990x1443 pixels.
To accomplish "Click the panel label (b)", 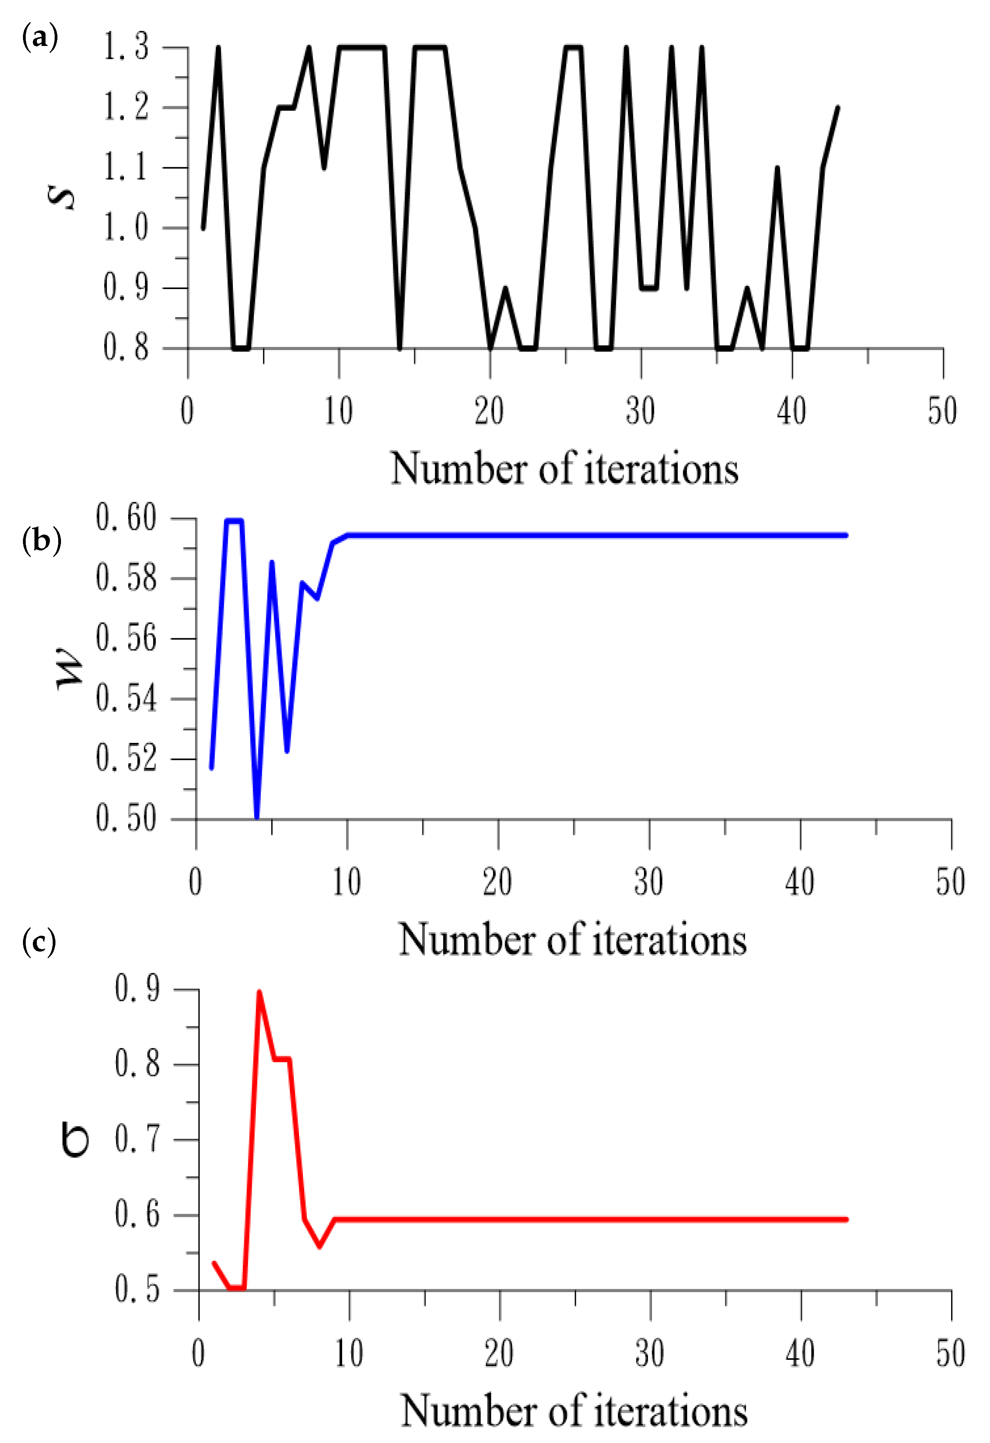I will coord(42,540).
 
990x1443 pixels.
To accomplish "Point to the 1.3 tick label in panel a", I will coord(126,48).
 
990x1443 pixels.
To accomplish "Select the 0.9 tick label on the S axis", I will coord(126,287).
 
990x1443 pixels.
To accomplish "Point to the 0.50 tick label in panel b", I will coord(126,819).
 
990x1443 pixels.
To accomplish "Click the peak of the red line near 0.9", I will coord(259,992).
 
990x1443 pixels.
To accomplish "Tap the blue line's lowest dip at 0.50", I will coord(257,817).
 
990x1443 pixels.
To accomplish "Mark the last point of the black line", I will coord(838,107).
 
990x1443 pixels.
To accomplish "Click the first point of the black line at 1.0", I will coord(203,228).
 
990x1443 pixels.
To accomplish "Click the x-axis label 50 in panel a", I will coord(942,411).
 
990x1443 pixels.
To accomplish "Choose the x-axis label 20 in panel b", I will coord(497,882).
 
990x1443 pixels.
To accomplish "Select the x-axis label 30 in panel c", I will coord(650,1354).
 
